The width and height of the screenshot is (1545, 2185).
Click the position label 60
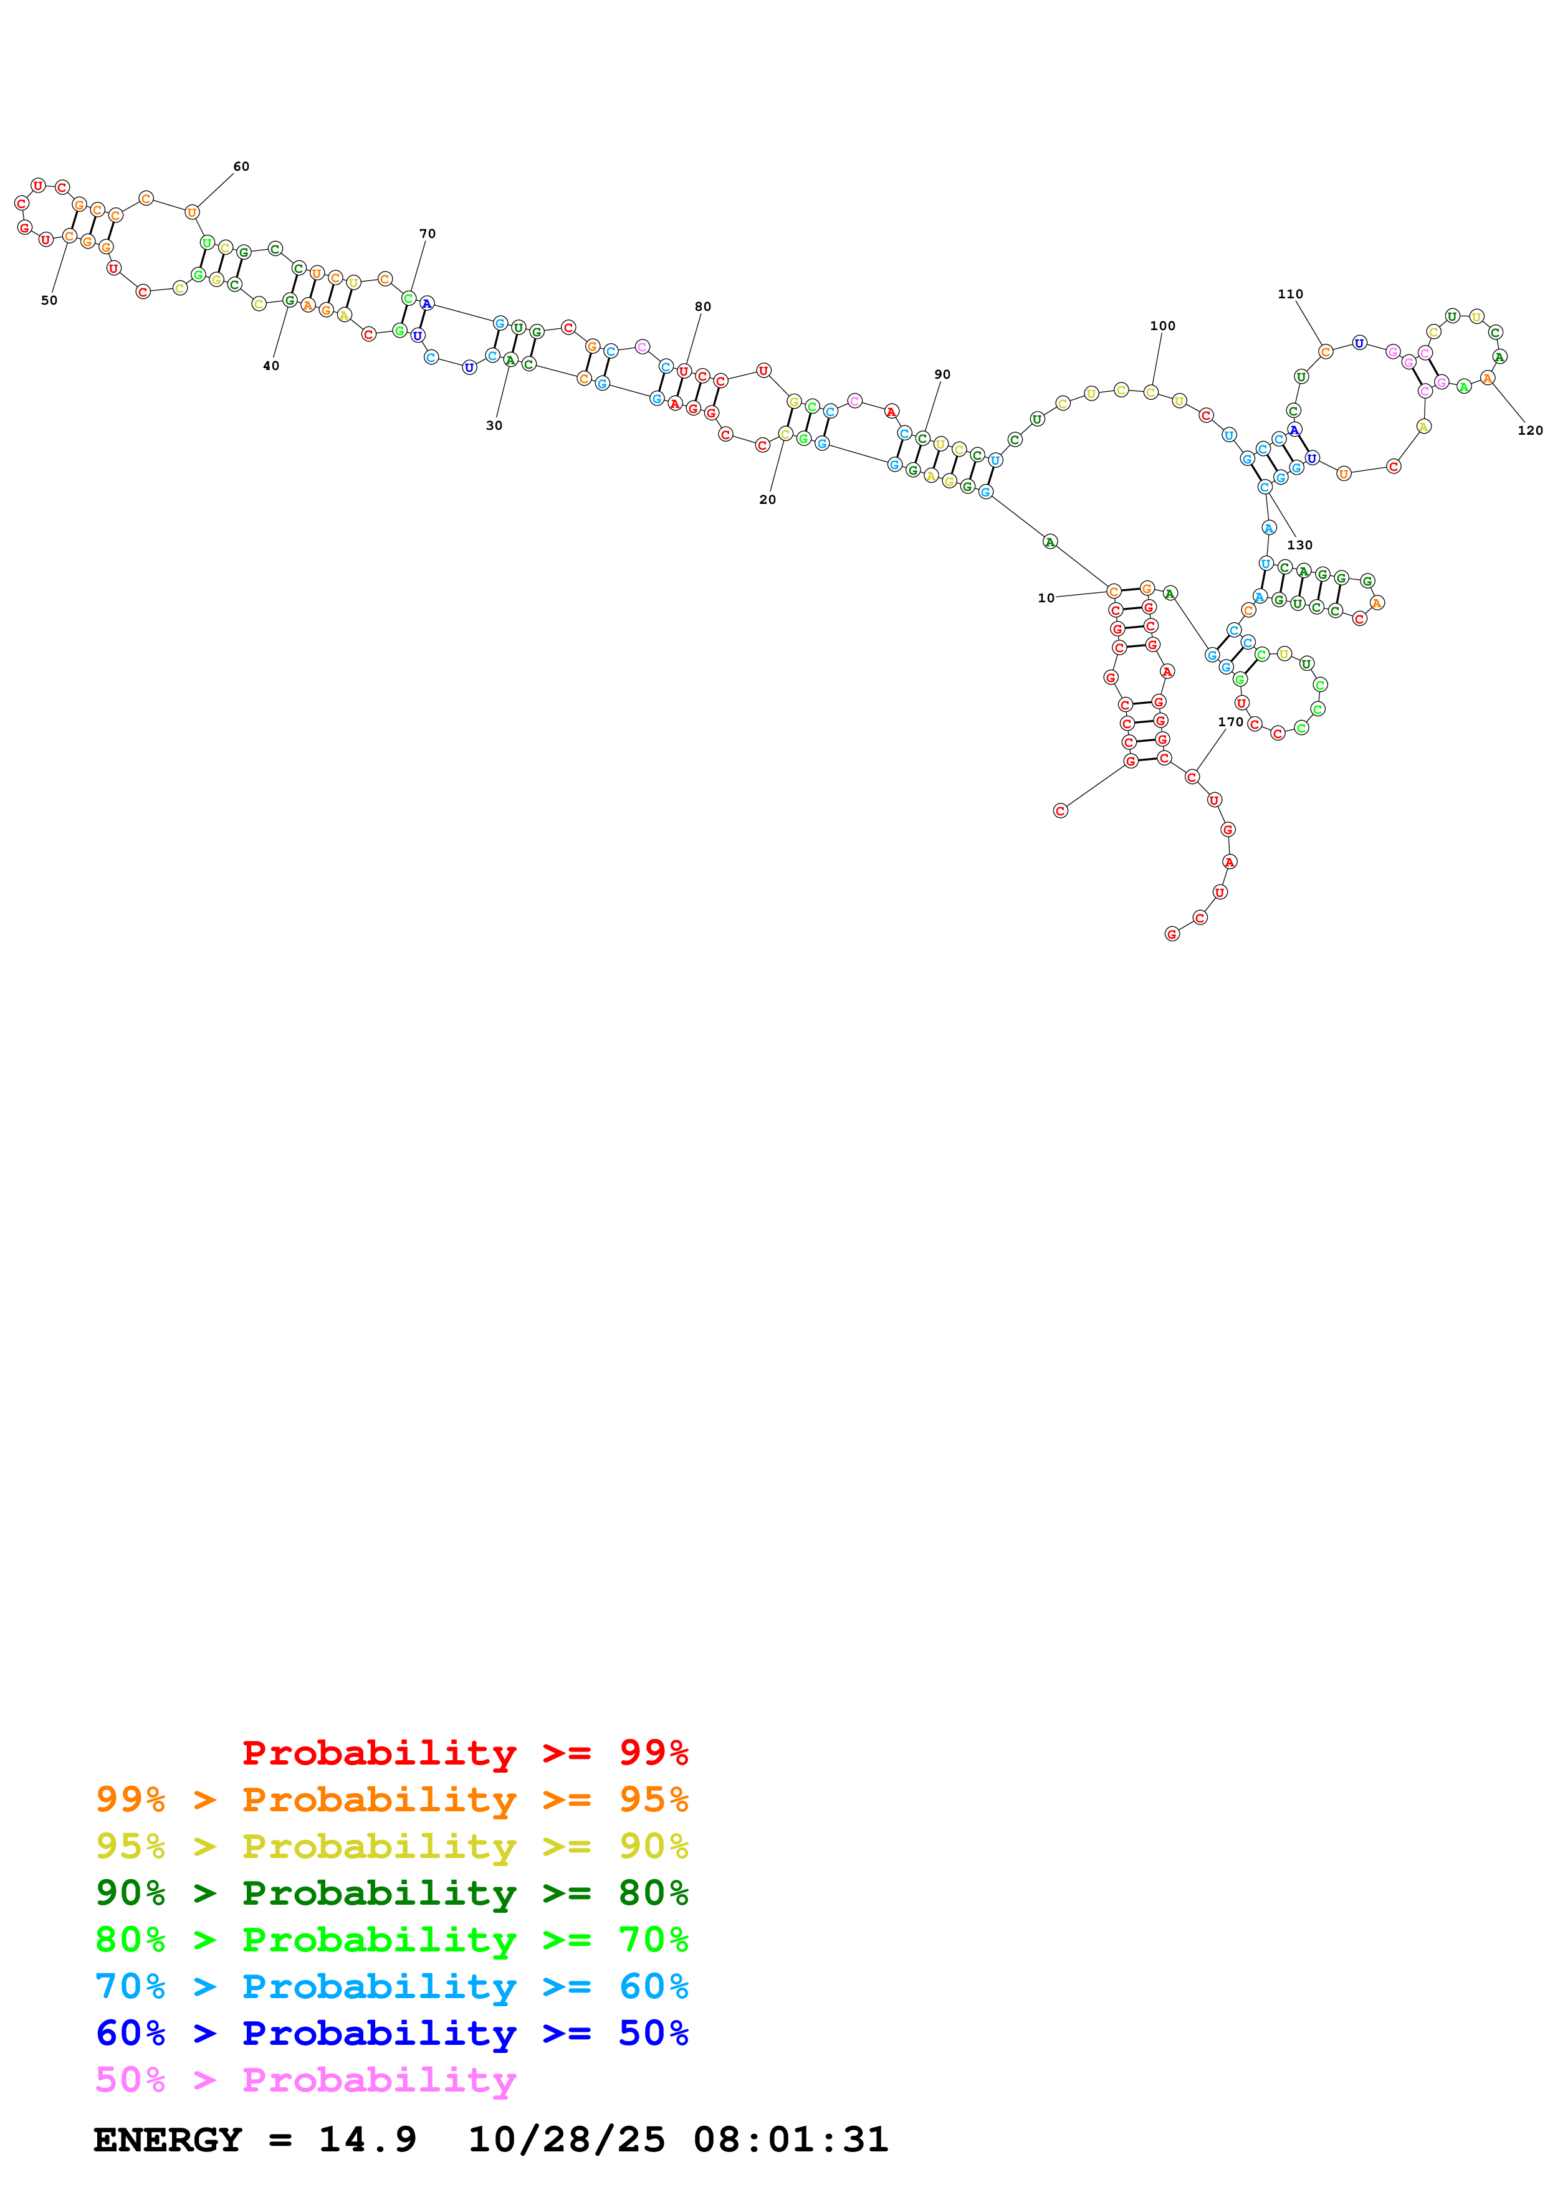coord(242,166)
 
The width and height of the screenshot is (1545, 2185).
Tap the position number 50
coord(49,301)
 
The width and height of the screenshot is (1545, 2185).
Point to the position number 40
coord(271,366)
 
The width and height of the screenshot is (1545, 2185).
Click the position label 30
coord(494,425)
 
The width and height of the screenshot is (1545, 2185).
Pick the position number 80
coord(702,306)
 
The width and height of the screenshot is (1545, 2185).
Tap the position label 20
coord(767,500)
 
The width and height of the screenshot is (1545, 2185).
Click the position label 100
coord(1162,326)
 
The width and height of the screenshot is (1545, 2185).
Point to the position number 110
coord(1290,294)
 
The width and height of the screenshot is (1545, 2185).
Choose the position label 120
coord(1530,430)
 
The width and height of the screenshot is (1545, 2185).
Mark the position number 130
coord(1299,545)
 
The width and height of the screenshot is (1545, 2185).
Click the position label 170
coord(1230,723)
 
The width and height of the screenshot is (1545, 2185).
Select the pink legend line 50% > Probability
coord(305,2080)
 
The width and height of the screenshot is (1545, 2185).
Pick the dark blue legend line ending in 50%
coord(391,2033)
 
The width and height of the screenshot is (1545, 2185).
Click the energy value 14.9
coord(368,2140)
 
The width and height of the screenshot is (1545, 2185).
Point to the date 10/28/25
coord(567,2140)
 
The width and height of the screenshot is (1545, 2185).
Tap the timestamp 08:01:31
coord(790,2140)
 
